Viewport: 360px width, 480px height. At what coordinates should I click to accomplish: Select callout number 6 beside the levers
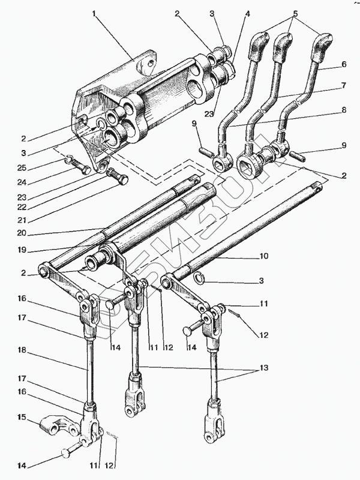[344, 64]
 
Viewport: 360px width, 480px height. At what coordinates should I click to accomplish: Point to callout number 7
[344, 85]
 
